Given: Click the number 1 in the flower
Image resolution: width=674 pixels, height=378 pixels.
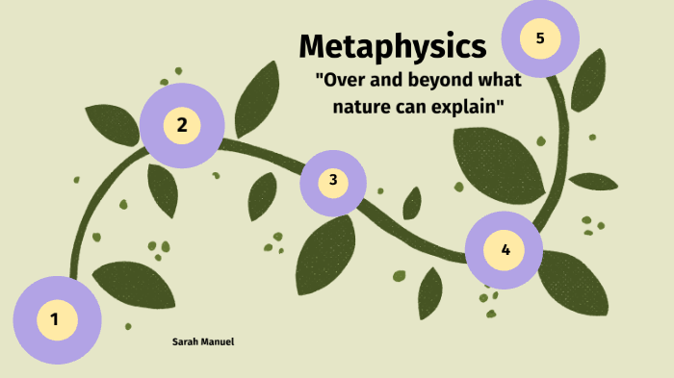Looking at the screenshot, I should click(x=55, y=319).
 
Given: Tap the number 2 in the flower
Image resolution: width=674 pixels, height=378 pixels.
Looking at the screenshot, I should click(x=181, y=124).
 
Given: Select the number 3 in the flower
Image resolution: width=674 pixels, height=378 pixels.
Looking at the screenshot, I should click(x=332, y=180).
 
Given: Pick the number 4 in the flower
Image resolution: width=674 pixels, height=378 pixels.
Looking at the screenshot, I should click(x=505, y=251).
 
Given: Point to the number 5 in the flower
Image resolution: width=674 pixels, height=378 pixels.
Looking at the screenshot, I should click(x=539, y=38).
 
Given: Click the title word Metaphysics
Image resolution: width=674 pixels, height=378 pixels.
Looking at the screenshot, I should click(x=392, y=45).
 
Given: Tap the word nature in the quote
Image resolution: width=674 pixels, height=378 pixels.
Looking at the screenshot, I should click(x=359, y=105).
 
